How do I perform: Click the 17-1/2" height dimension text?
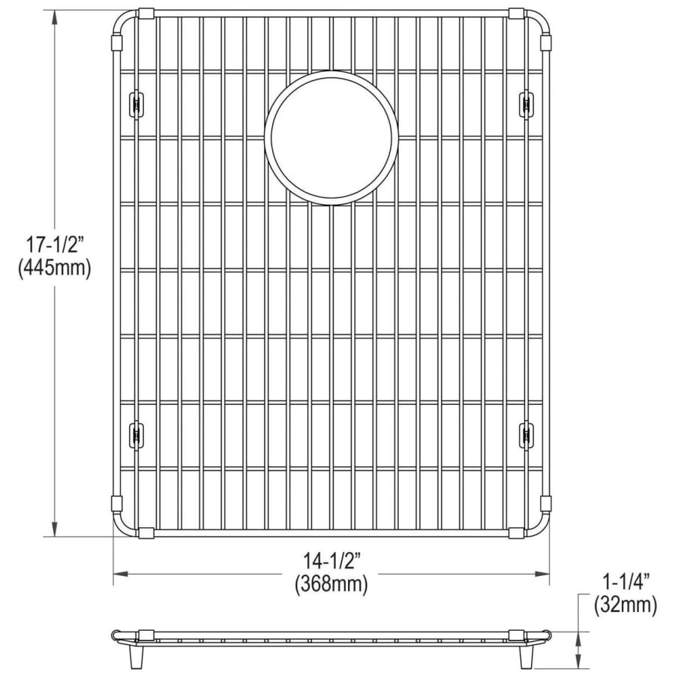54,246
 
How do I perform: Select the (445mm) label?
55,269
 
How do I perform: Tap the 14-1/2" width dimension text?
331,561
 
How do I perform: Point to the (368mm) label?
331,584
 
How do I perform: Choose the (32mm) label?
625,606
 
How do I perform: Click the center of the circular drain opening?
331,137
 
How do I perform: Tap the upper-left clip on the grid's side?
136,103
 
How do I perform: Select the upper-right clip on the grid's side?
526,103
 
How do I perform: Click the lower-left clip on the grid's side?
136,435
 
